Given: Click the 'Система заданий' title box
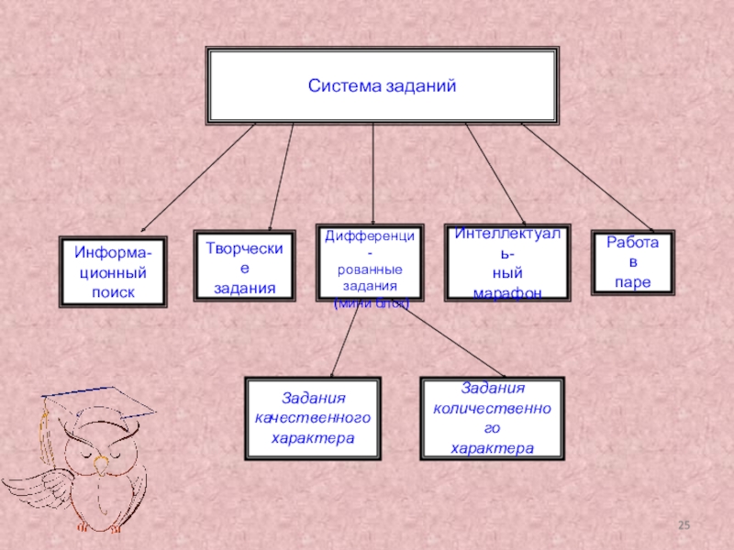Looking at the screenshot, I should [382, 87].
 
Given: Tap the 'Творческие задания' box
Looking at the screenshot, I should [244, 267].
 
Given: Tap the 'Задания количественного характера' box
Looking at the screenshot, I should [492, 418].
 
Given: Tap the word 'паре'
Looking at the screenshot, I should [633, 283].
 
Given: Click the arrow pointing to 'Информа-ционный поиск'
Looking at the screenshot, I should [197, 179].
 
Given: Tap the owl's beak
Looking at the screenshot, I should [103, 456].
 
